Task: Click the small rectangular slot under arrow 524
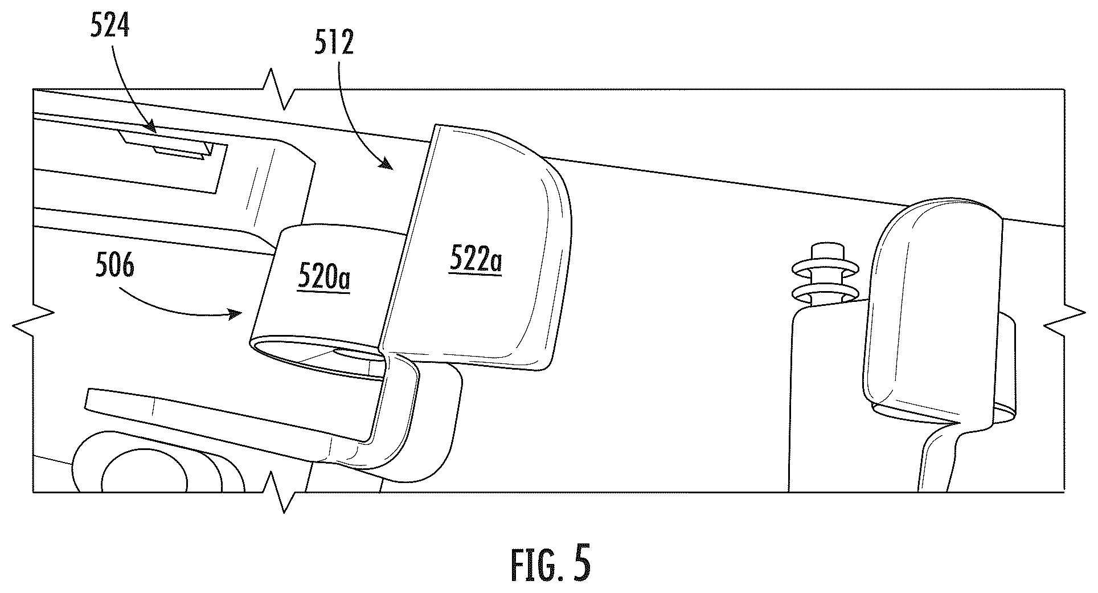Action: point(179,152)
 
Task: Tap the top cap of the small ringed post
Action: point(822,251)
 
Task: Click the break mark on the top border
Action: point(279,89)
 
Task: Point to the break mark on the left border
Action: point(33,324)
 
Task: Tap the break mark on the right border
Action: point(1064,323)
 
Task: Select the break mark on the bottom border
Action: point(279,491)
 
